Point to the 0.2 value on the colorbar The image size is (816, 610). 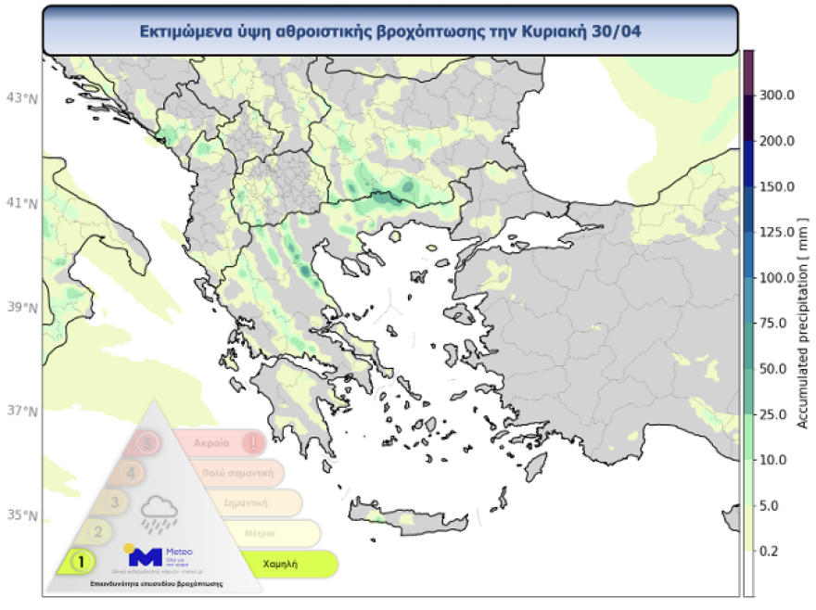[x=774, y=552]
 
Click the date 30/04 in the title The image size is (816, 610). [x=621, y=30]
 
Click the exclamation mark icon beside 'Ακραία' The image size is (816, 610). [x=251, y=443]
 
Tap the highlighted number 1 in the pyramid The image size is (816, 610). [x=82, y=561]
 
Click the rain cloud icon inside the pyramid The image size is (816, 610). [x=159, y=511]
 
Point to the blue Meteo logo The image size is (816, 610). [x=146, y=556]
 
